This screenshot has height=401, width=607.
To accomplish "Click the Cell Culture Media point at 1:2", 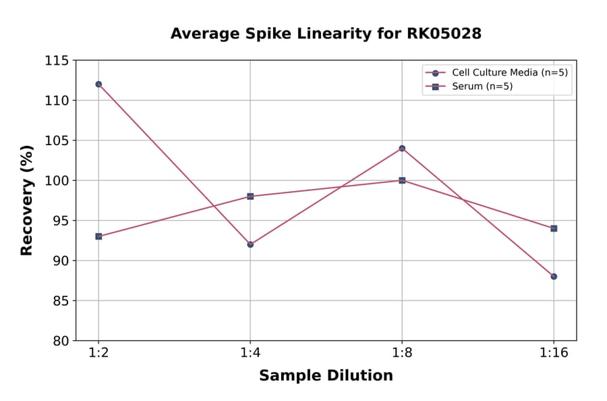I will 98,84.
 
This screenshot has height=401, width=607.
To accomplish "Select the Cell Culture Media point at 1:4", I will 250,244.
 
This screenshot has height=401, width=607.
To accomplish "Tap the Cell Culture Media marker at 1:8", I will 402,149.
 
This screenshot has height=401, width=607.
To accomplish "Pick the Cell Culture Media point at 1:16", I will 554,276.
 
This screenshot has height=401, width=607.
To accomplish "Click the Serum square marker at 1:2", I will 98,236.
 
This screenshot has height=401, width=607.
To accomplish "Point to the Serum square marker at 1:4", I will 250,196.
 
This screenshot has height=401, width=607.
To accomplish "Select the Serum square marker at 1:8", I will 402,180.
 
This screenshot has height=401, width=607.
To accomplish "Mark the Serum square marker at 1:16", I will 554,228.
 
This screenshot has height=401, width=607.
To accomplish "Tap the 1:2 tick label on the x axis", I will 98,354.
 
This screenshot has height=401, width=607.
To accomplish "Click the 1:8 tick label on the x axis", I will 402,354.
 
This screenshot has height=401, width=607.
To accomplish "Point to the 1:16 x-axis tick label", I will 554,354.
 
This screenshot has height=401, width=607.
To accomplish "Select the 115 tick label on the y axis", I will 57,61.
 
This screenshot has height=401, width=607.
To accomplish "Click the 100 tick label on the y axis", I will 57,180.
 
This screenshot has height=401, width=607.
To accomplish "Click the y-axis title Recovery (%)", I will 27,200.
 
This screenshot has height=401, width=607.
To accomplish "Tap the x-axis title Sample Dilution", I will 326,376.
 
